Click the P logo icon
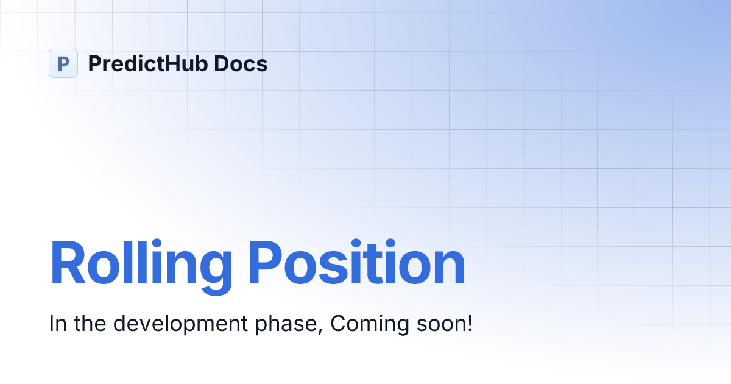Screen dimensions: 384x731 point(63,63)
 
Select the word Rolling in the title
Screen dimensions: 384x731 point(141,264)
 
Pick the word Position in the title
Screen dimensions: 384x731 point(357,264)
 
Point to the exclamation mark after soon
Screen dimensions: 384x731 point(469,323)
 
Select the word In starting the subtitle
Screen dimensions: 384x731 point(57,324)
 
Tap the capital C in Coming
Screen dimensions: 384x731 point(337,324)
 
